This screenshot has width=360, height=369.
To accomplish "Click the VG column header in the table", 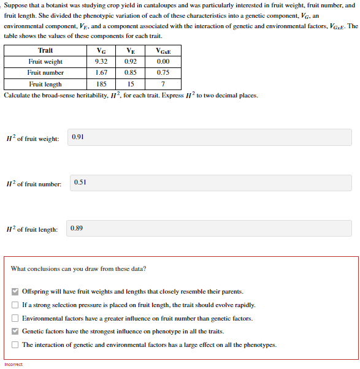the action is coord(102,51).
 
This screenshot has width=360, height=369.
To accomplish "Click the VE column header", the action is coord(130,51).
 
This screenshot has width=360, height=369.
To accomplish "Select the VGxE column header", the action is coord(163,51).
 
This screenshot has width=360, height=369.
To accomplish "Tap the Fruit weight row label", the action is coord(45,61).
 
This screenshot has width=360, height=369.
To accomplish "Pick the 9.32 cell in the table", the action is coord(102,61).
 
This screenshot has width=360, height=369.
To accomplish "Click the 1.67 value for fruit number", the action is coord(102,73).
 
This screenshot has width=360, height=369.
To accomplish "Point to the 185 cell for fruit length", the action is coord(102,84).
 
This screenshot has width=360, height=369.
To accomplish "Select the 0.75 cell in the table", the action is coord(163,73).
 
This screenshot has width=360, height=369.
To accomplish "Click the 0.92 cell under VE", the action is coord(130,61).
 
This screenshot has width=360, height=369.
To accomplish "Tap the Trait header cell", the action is coord(45,51).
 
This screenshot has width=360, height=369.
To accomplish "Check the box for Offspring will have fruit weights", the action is coord(15,292).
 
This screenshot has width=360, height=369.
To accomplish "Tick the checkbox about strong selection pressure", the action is coord(15,305).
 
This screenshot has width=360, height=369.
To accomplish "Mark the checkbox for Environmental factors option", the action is coord(15,318).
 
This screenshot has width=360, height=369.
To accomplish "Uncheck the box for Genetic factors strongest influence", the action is coord(15,331).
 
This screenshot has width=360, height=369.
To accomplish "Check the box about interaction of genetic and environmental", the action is coord(15,344).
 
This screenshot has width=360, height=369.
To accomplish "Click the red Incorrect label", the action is coord(13,365).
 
